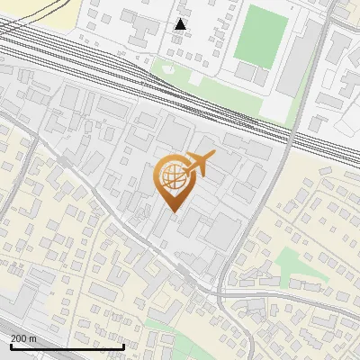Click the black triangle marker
180,24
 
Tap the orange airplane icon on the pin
199,164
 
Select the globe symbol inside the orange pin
173,176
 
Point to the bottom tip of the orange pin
173,211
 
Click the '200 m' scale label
23,338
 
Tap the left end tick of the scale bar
11,346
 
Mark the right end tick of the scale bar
123,346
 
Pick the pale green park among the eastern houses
292,264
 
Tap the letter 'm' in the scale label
32,338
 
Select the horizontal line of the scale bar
67,347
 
